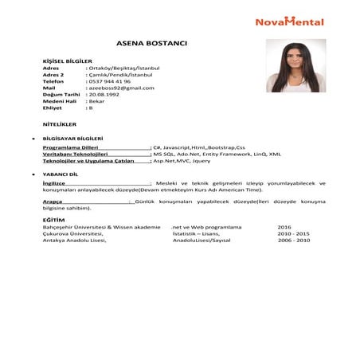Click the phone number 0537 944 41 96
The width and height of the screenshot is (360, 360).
click(109, 81)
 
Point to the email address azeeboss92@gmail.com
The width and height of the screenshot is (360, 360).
click(122, 88)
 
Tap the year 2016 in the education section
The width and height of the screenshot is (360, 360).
click(285, 227)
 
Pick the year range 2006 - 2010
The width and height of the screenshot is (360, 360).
click(293, 240)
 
